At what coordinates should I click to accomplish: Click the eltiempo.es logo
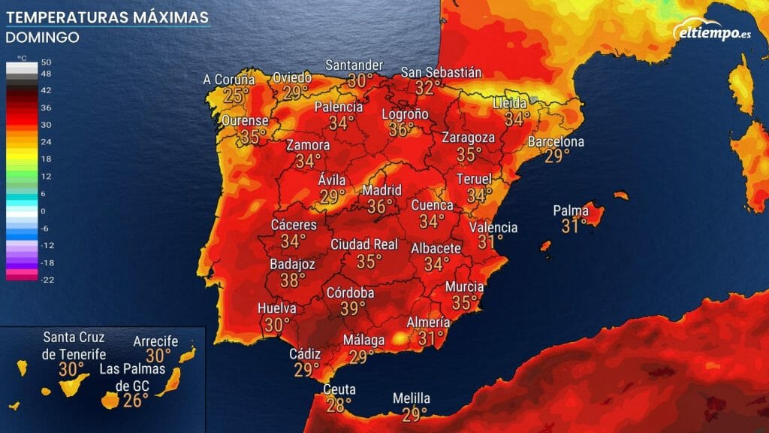coord(713,32)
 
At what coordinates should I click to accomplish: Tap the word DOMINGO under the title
coord(42,37)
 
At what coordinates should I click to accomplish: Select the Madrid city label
coord(382,189)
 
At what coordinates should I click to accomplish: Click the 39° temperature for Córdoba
coord(353,308)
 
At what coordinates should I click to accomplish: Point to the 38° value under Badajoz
coord(293,280)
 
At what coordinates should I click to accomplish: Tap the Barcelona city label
coord(556,141)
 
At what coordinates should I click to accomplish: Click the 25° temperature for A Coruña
coord(237,95)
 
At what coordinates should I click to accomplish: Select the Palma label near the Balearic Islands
coord(571,210)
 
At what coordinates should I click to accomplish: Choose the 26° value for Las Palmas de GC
coord(135,400)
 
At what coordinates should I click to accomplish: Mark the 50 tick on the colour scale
coord(46,62)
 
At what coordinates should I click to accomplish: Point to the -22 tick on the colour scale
coord(46,280)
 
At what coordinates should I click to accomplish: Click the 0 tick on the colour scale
coord(43,211)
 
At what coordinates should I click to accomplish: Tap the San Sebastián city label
coord(441,72)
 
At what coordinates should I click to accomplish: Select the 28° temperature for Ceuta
coord(339,405)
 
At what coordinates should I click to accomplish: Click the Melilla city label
coord(412,398)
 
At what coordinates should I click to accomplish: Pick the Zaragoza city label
coord(468,138)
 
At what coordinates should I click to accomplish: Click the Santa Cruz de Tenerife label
coord(74,345)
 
